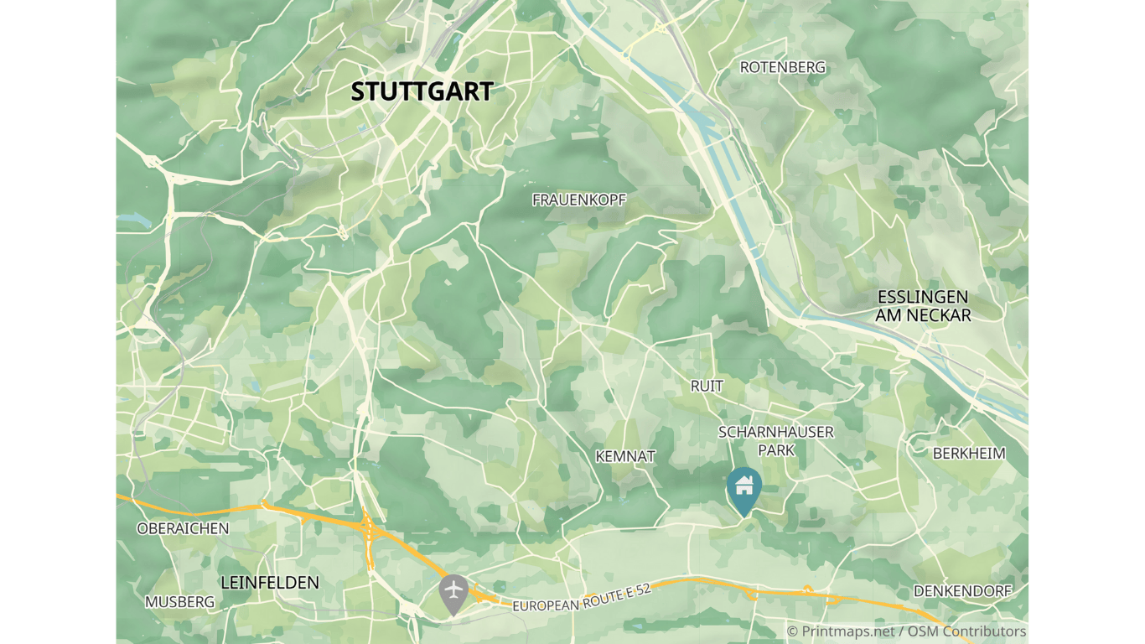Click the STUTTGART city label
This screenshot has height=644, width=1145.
click(422, 91)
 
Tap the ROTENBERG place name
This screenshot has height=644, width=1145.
click(782, 67)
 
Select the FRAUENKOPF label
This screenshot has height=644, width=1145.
click(579, 200)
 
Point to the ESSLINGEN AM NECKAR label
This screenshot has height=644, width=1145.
click(923, 306)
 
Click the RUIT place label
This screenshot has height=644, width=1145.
click(707, 386)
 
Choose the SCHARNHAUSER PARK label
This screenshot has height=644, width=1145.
click(776, 441)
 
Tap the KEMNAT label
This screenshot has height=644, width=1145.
click(625, 456)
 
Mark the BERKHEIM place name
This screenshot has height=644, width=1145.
click(969, 454)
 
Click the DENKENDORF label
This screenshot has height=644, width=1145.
click(962, 591)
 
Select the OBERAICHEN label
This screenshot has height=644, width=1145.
click(183, 528)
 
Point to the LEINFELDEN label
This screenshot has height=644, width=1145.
click(269, 582)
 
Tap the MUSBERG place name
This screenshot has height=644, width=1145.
click(179, 602)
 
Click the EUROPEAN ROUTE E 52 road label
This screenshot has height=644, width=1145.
click(582, 597)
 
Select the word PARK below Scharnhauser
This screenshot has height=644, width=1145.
click(776, 450)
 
